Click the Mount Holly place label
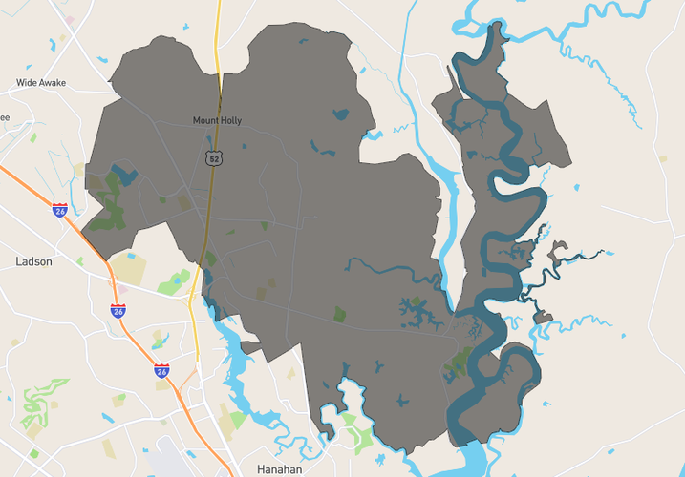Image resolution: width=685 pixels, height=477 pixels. click(x=217, y=120)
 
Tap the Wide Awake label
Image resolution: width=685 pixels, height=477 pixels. click(x=41, y=83)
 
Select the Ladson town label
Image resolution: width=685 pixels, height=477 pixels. click(x=34, y=260)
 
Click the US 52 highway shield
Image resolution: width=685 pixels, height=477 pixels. click(x=214, y=157)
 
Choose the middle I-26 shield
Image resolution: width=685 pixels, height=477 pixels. click(x=118, y=310)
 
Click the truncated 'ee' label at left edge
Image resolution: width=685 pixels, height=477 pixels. click(x=5, y=118)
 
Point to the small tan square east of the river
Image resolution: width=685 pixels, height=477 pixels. click(x=663, y=159)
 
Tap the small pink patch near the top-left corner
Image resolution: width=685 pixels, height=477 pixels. click(x=70, y=20)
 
